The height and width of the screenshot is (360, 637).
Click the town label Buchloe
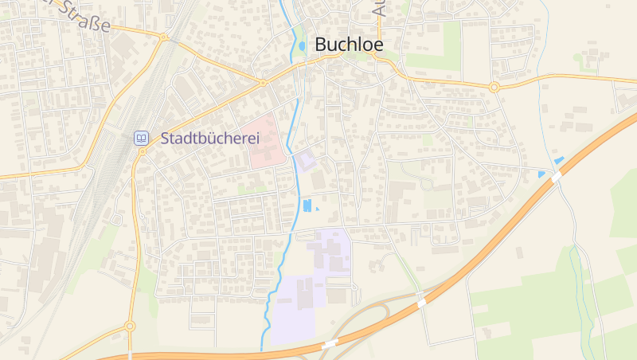point(349,45)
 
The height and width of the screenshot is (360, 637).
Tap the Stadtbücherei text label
point(210,139)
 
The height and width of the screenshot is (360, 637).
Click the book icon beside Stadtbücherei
point(141,138)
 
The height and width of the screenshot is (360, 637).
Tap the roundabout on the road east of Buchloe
point(494,87)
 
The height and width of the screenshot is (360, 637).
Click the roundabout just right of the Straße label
point(163,37)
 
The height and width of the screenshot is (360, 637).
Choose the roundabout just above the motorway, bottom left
point(130,326)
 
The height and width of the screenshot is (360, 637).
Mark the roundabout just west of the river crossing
point(262,82)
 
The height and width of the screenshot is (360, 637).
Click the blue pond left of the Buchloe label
point(302,46)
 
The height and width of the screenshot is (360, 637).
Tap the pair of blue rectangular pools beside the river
point(307,205)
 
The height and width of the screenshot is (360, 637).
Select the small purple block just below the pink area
point(306,162)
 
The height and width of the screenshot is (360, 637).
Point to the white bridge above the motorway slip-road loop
point(420,303)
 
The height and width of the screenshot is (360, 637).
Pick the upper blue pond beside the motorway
point(559,161)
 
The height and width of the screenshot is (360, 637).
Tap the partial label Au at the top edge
point(379,8)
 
